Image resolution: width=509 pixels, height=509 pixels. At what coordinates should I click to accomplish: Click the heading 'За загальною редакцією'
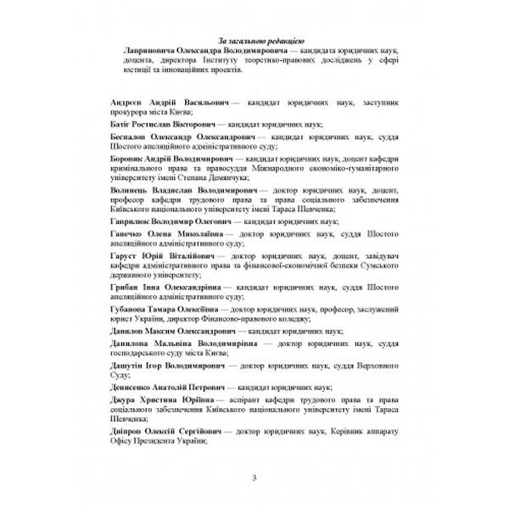tap(255, 40)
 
